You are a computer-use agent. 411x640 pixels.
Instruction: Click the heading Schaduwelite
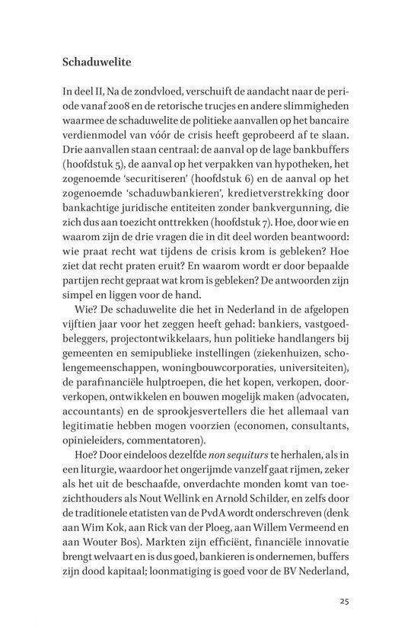click(94, 59)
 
